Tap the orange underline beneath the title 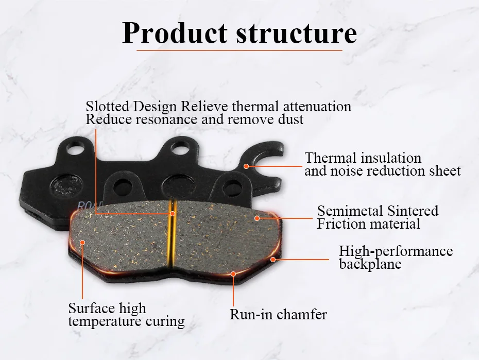239,50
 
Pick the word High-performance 396,251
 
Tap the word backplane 370,264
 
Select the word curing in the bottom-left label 164,322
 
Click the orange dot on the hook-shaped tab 246,166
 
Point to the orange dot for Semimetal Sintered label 256,218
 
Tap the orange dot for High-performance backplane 273,259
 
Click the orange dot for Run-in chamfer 233,273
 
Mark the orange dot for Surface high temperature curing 81,242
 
